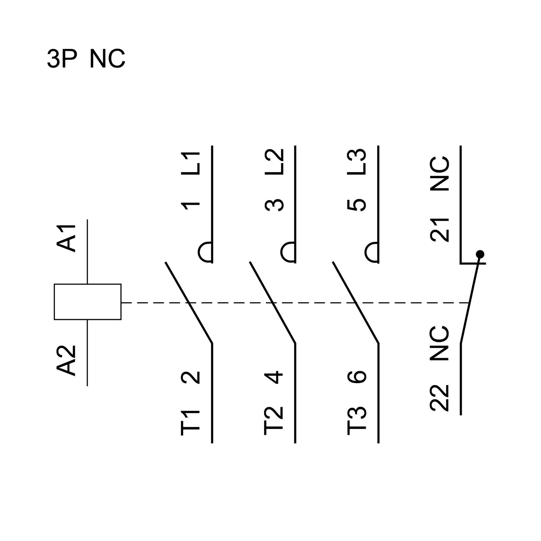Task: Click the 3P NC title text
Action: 86,59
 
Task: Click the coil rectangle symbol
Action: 88,302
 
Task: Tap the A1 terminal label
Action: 67,238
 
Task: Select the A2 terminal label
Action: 67,361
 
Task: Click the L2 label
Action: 274,162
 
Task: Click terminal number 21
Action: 440,230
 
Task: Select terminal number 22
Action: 440,398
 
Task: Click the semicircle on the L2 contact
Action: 288,251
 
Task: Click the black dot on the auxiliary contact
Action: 480,254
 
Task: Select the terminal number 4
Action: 274,377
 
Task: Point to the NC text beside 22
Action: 440,344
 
